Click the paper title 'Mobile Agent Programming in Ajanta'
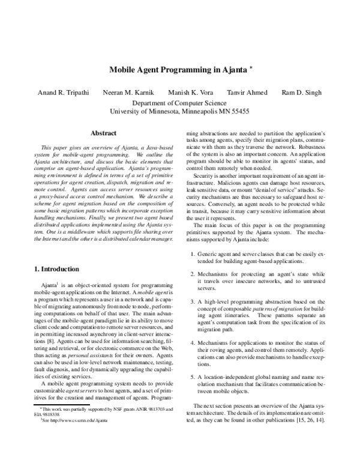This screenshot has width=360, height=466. [177, 70]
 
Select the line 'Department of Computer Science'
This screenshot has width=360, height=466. [180, 103]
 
